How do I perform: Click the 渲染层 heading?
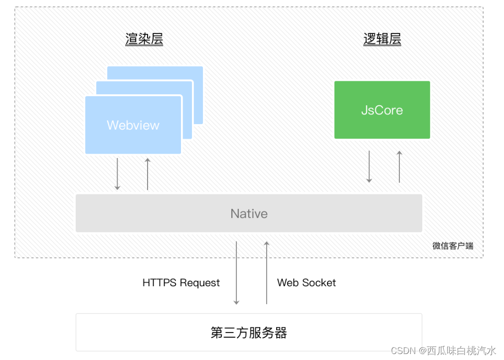pyautogui.click(x=144, y=39)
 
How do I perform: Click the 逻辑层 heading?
pyautogui.click(x=382, y=39)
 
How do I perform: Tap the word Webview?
pyautogui.click(x=133, y=125)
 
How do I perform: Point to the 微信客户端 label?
pyautogui.click(x=453, y=246)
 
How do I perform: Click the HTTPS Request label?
pyautogui.click(x=181, y=283)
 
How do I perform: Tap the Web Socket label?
pyautogui.click(x=306, y=283)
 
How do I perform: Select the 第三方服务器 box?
pyautogui.click(x=249, y=332)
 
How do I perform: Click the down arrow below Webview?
pyautogui.click(x=117, y=174)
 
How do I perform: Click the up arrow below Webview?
pyautogui.click(x=148, y=174)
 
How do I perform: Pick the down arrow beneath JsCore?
pyautogui.click(x=369, y=167)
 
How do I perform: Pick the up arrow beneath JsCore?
pyautogui.click(x=399, y=167)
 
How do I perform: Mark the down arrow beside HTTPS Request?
pyautogui.click(x=236, y=273)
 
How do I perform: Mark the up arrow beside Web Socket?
pyautogui.click(x=267, y=273)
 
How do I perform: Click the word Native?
pyautogui.click(x=249, y=213)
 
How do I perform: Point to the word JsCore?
pyautogui.click(x=382, y=110)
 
